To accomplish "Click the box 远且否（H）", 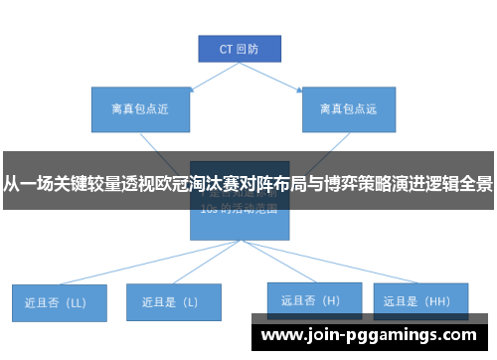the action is pyautogui.click(x=310, y=299).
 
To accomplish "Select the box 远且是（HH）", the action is pyautogui.click(x=416, y=299).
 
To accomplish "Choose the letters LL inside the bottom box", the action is pyautogui.click(x=78, y=301).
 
